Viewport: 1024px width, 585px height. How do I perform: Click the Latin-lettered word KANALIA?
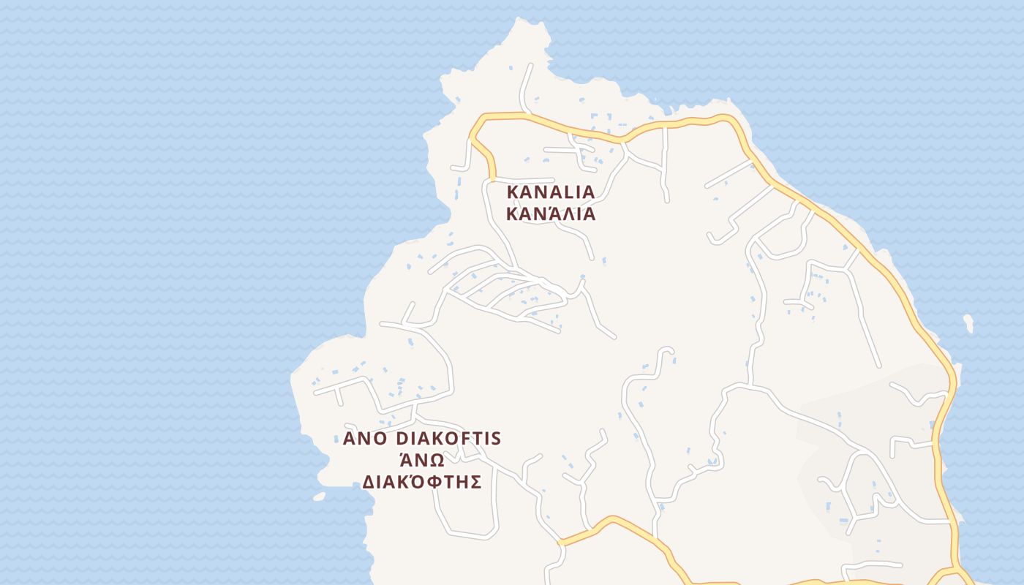point(551,192)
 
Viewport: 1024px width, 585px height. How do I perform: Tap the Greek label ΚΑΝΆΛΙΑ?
point(551,214)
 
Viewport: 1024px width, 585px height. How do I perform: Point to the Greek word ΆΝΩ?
point(421,460)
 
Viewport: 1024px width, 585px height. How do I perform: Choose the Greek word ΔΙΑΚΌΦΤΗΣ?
point(421,482)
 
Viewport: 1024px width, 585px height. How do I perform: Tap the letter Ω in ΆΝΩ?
point(435,461)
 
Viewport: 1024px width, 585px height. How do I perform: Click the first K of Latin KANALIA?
point(513,192)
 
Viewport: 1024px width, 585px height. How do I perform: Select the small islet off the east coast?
point(968,322)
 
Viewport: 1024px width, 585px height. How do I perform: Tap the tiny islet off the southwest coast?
point(319,497)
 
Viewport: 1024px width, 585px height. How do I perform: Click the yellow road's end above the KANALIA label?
point(492,178)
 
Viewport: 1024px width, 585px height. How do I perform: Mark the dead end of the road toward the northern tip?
point(530,66)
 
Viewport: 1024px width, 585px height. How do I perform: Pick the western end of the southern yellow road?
point(560,543)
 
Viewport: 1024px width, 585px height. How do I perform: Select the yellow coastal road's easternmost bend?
point(953,380)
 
